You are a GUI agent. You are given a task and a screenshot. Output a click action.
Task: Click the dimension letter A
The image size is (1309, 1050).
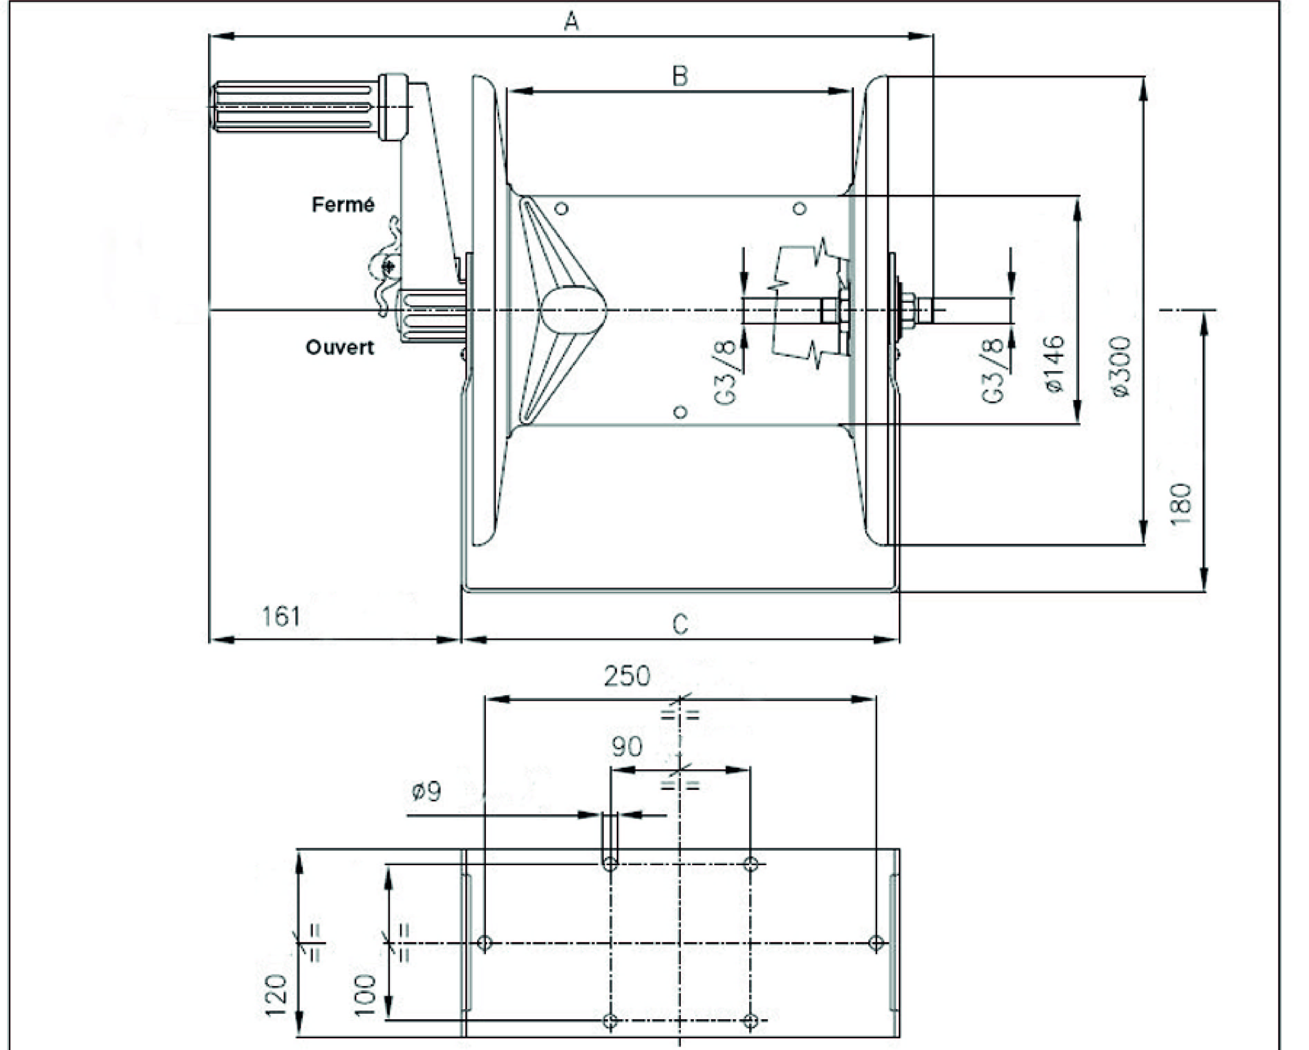571,22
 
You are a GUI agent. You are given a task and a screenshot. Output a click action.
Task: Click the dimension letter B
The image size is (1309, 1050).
680,76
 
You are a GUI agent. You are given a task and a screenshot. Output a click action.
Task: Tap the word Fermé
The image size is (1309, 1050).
343,205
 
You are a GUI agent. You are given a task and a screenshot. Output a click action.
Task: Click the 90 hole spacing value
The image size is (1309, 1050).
627,747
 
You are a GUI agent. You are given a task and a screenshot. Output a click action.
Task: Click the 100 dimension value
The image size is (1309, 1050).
366,995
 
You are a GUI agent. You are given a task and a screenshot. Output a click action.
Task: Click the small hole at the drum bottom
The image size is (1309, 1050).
681,412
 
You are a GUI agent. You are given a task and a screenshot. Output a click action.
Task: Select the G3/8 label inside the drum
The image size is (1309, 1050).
726,371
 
